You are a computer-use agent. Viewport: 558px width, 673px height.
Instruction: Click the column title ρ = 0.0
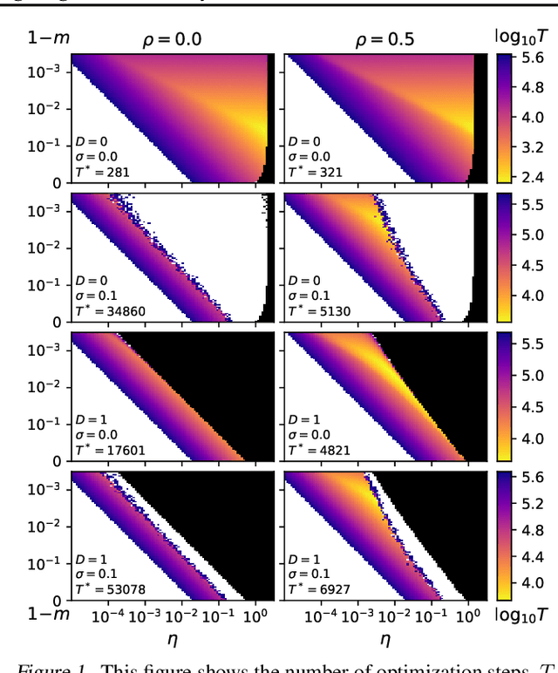[x=174, y=39]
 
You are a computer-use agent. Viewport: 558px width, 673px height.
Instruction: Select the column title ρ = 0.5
[x=380, y=39]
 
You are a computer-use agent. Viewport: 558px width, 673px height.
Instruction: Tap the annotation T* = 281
[x=100, y=172]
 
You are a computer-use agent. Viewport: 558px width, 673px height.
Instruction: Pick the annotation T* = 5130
[x=319, y=311]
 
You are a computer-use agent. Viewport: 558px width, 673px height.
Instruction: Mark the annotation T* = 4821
[x=319, y=451]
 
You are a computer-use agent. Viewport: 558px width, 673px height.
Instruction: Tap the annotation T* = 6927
[x=319, y=590]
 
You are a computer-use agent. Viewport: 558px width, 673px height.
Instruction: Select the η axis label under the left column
[x=174, y=638]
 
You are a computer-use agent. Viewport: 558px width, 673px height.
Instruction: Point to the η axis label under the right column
[x=380, y=638]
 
